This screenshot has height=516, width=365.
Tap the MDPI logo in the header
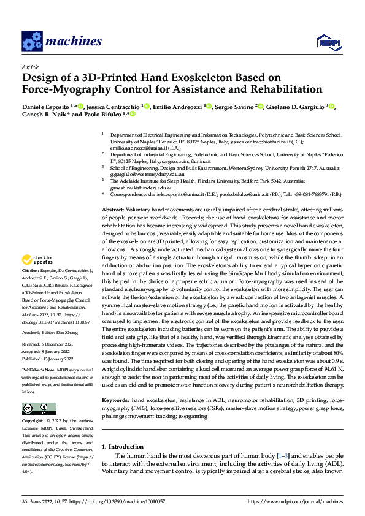[x=326, y=41]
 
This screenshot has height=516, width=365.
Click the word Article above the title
[x=30, y=67]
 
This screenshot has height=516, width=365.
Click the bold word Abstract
[x=113, y=210]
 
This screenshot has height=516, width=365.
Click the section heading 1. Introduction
[x=123, y=447]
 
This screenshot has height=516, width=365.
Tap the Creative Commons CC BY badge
[x=39, y=408]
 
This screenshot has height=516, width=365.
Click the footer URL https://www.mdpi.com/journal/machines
[x=294, y=502]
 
